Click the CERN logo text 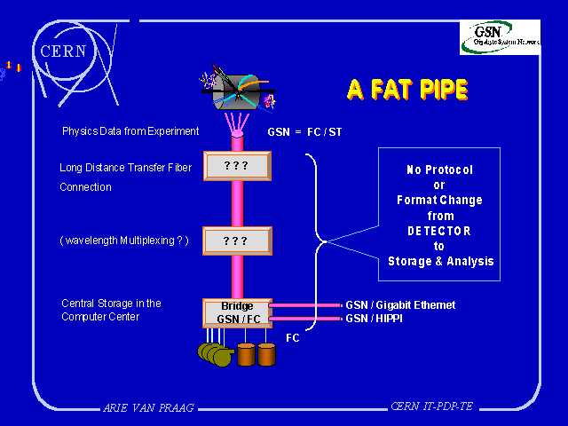point(63,51)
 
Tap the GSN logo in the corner point(499,36)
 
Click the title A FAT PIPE point(406,90)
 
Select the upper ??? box point(236,166)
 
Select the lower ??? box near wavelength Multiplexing point(236,241)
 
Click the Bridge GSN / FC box point(236,312)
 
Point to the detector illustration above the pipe point(237,91)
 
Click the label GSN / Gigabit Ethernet point(400,305)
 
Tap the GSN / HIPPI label point(374,318)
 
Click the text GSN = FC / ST point(304,132)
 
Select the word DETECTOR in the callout point(440,231)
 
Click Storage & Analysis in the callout point(440,262)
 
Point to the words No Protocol point(440,170)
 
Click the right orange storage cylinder point(266,353)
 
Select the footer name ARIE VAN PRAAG point(148,408)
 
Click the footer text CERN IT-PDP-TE point(431,406)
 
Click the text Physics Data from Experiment point(130,131)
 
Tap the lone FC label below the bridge point(293,338)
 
